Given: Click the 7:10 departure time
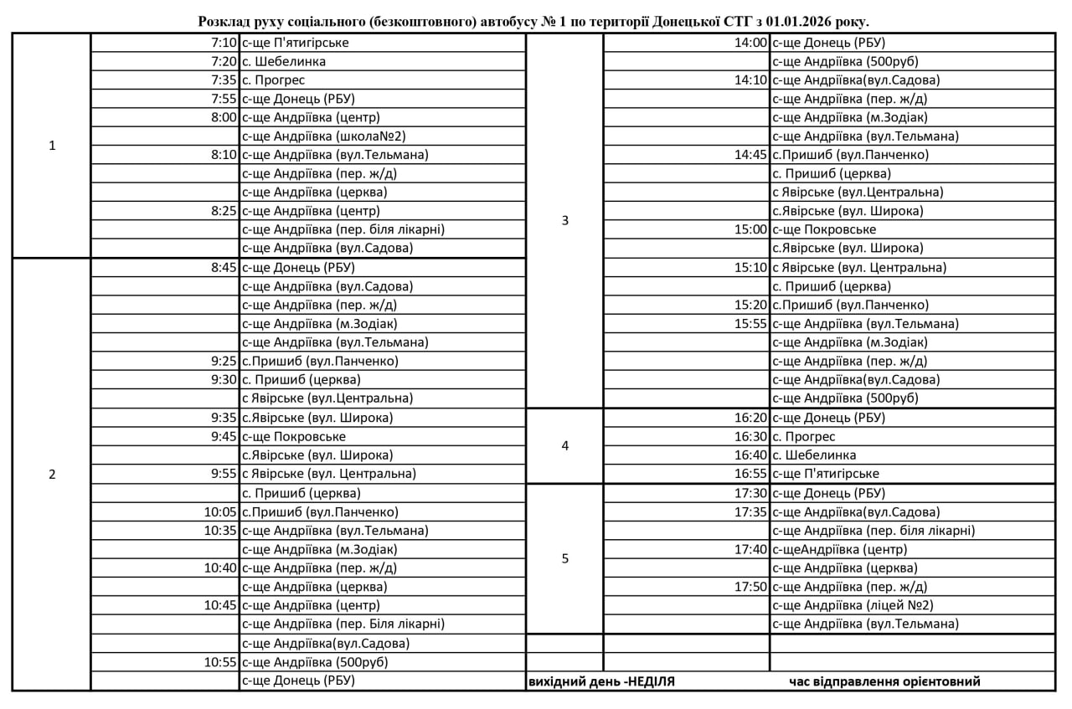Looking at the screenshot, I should [x=224, y=43].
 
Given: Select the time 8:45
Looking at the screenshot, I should [x=224, y=268].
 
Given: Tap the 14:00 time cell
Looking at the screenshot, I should [x=750, y=43].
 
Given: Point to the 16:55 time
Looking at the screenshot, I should [x=750, y=474].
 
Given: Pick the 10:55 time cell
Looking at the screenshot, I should [x=221, y=662].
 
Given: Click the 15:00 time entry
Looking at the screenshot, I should [x=750, y=229].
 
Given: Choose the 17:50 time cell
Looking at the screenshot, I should [x=750, y=587].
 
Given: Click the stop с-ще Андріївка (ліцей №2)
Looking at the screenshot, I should [x=852, y=605].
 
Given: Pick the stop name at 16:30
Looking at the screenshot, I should [x=803, y=436].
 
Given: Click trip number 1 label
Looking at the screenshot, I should [x=52, y=146].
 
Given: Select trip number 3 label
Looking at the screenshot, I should [x=564, y=221].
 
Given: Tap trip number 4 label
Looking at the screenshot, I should [x=564, y=446].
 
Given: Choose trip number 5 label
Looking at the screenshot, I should [x=564, y=558].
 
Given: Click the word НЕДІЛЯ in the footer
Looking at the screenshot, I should [x=649, y=681].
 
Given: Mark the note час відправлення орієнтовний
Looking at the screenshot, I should [x=884, y=681].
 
